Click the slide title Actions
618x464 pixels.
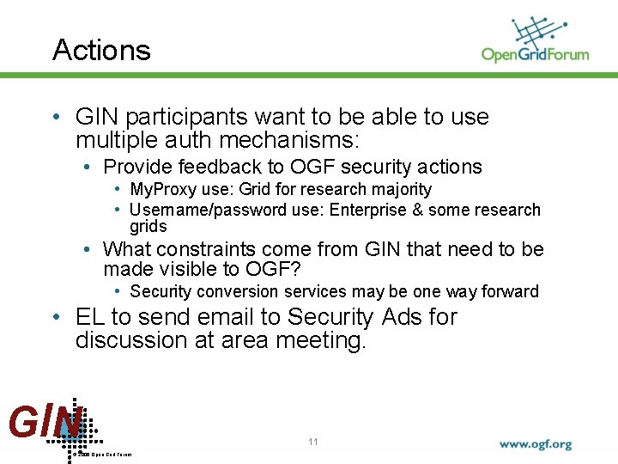tap(101, 50)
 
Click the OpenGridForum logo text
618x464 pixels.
tap(535, 54)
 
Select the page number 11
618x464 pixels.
tap(313, 442)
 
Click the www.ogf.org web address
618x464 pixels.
tap(536, 445)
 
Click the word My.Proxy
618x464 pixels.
tap(163, 189)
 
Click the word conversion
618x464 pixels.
tap(237, 291)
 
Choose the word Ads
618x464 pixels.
tap(400, 317)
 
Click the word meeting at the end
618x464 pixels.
tap(320, 340)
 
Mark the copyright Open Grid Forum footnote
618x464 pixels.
tap(104, 454)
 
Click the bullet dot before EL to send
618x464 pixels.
tap(55, 318)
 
